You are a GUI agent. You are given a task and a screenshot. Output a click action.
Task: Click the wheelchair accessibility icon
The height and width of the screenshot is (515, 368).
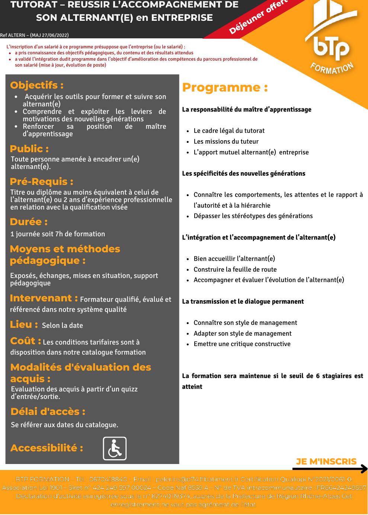pyautogui.click(x=115, y=448)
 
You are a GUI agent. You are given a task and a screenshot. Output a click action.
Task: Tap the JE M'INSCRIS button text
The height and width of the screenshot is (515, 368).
pyautogui.click(x=326, y=461)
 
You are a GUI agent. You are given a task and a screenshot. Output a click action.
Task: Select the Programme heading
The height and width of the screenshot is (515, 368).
pyautogui.click(x=225, y=87)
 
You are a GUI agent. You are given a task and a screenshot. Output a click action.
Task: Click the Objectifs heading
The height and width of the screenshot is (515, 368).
pyautogui.click(x=36, y=85)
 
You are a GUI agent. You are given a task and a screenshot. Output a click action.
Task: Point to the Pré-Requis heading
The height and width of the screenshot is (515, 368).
pyautogui.click(x=41, y=182)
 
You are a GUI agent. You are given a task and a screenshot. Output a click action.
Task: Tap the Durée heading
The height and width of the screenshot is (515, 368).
pyautogui.click(x=29, y=222)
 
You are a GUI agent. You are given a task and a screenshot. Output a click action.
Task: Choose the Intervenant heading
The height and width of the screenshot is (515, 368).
pyautogui.click(x=44, y=298)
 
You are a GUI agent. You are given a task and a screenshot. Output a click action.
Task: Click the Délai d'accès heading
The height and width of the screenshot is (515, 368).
pyautogui.click(x=48, y=412)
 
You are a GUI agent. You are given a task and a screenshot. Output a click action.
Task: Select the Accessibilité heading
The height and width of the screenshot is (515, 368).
pyautogui.click(x=47, y=448)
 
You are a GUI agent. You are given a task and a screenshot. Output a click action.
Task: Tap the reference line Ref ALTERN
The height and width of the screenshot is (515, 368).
pyautogui.click(x=34, y=35)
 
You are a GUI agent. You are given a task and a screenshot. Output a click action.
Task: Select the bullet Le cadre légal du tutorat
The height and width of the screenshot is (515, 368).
pyautogui.click(x=229, y=131)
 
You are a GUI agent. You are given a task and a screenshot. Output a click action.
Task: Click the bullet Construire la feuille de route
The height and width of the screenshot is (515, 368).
pyautogui.click(x=235, y=269)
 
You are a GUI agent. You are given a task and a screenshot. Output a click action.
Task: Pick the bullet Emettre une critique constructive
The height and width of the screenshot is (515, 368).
pyautogui.click(x=242, y=344)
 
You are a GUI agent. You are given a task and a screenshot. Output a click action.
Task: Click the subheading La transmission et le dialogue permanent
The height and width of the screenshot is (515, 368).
pyautogui.click(x=243, y=301)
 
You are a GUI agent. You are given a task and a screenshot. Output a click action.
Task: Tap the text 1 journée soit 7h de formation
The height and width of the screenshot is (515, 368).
pyautogui.click(x=58, y=234)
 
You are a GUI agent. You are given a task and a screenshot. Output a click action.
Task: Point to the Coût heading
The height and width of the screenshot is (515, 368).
pyautogui.click(x=25, y=341)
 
